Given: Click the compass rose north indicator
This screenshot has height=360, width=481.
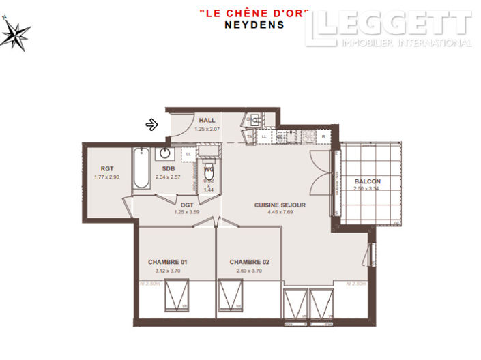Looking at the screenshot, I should coord(14,33).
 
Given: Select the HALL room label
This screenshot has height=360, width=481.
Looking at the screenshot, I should coord(207,120).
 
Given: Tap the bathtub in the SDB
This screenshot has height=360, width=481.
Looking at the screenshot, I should coord(142,168).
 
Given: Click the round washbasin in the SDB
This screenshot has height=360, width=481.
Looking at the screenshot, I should coord(166,153).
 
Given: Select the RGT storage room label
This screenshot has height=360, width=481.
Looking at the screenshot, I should coord(107,168).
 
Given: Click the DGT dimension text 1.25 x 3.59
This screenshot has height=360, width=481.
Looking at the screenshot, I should coord(187,212).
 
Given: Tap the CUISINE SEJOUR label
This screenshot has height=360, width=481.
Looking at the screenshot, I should coord(280,205).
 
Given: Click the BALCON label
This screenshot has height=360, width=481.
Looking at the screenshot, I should coord(367,181).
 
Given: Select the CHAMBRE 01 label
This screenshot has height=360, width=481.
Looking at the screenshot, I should coord(167,262).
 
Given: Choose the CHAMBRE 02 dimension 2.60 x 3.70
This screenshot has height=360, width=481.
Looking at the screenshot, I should coord(246,271).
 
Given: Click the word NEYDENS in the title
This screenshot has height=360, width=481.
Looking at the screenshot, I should coord(254,24).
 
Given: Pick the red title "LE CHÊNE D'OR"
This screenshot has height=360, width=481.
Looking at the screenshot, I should coord(254,13).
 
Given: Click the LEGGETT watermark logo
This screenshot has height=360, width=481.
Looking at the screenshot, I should coord(392,27).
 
